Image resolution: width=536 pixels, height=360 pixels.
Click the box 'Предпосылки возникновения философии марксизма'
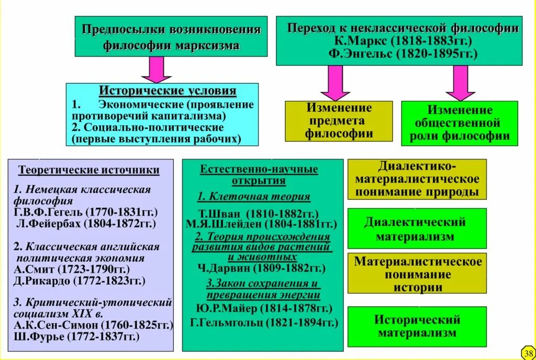[x=171, y=37]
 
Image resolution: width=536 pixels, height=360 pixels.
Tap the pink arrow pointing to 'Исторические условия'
[x=157, y=69]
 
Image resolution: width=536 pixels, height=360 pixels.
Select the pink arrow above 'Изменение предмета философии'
[x=336, y=83]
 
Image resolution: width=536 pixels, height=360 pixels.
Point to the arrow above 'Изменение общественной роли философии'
[x=461, y=83]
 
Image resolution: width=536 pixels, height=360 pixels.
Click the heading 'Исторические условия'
[x=167, y=92]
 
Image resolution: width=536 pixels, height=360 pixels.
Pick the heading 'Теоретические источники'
[x=89, y=171]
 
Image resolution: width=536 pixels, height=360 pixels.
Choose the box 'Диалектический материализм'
[x=416, y=229]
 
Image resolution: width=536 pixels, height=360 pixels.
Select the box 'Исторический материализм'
[x=417, y=325]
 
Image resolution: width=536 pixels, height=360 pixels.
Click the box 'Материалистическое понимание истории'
[x=417, y=274]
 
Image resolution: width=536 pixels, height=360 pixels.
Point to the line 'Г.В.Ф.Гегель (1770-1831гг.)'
[x=86, y=212]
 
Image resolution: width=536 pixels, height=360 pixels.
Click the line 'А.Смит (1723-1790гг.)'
[x=72, y=269]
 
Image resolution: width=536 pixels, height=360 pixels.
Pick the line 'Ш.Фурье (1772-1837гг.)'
[x=77, y=337]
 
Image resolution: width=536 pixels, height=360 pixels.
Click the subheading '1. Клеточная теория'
[x=254, y=197]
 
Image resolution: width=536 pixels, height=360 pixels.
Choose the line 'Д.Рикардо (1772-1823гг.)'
[x=80, y=281]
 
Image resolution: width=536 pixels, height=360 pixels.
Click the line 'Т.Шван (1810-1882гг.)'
[x=259, y=213]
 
